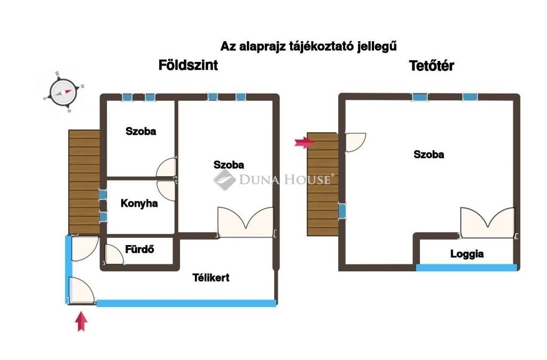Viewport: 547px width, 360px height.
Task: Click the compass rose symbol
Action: point(63,92)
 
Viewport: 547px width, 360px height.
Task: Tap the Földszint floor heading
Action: point(188,65)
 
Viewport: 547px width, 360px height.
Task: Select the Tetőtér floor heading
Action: point(432,66)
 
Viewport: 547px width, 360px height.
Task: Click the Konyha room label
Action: point(139,204)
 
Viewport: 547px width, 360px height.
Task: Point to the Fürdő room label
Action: point(139,249)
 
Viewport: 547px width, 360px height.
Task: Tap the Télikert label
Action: point(210,278)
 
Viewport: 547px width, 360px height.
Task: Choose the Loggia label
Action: point(467,254)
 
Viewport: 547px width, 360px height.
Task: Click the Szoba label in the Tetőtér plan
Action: point(429,154)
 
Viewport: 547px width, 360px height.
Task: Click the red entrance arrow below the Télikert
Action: point(81,322)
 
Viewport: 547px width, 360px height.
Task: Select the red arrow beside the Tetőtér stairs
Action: point(304,142)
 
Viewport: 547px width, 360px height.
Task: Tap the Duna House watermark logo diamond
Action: point(225,180)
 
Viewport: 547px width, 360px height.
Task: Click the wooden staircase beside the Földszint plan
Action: point(84,182)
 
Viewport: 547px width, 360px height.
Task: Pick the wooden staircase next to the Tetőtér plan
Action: point(323,184)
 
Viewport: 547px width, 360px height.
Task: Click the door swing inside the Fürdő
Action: point(114,254)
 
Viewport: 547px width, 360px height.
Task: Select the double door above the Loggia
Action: point(487,223)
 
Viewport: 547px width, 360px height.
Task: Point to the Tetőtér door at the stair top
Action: point(355,142)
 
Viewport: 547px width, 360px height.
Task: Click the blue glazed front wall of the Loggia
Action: point(466,268)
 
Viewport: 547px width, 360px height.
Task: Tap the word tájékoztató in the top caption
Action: point(321,46)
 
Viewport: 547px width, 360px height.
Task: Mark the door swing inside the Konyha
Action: point(167,191)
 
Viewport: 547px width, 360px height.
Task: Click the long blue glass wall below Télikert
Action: point(186,303)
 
